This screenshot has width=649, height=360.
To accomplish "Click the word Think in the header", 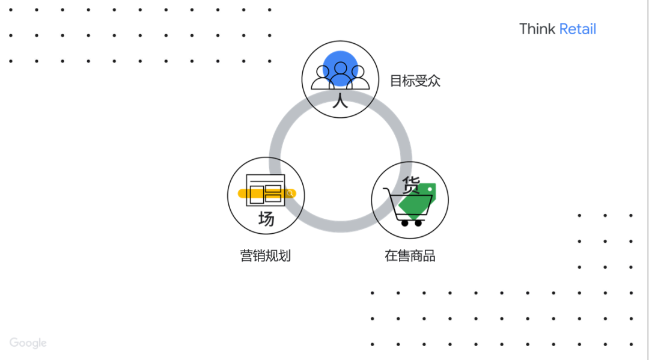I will coord(537,29).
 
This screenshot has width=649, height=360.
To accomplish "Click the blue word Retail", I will coord(577,29).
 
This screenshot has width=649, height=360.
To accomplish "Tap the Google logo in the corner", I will coord(28,343).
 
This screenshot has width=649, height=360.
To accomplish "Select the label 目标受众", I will coord(415,81).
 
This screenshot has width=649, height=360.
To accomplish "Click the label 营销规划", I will coord(265,255).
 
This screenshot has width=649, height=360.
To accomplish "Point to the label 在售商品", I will coord(410,255).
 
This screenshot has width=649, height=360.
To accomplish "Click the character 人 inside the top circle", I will coord(340,100).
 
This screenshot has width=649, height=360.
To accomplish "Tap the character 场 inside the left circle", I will coord(266,218).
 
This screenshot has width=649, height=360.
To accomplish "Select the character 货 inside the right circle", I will coord(411,185).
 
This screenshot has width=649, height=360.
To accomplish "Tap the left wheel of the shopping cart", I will coord(404,223).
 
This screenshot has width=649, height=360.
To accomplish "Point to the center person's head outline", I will coord(341,68).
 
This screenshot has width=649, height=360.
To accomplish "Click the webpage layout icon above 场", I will coord(265,190).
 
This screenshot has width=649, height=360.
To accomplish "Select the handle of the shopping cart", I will coord(387,191).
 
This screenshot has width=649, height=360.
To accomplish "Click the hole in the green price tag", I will coord(429,189).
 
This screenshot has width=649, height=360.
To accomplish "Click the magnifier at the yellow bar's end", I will coord(290,194).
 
